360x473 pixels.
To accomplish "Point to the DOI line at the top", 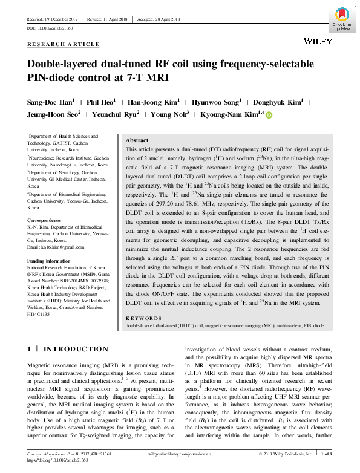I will tap(51, 28).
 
